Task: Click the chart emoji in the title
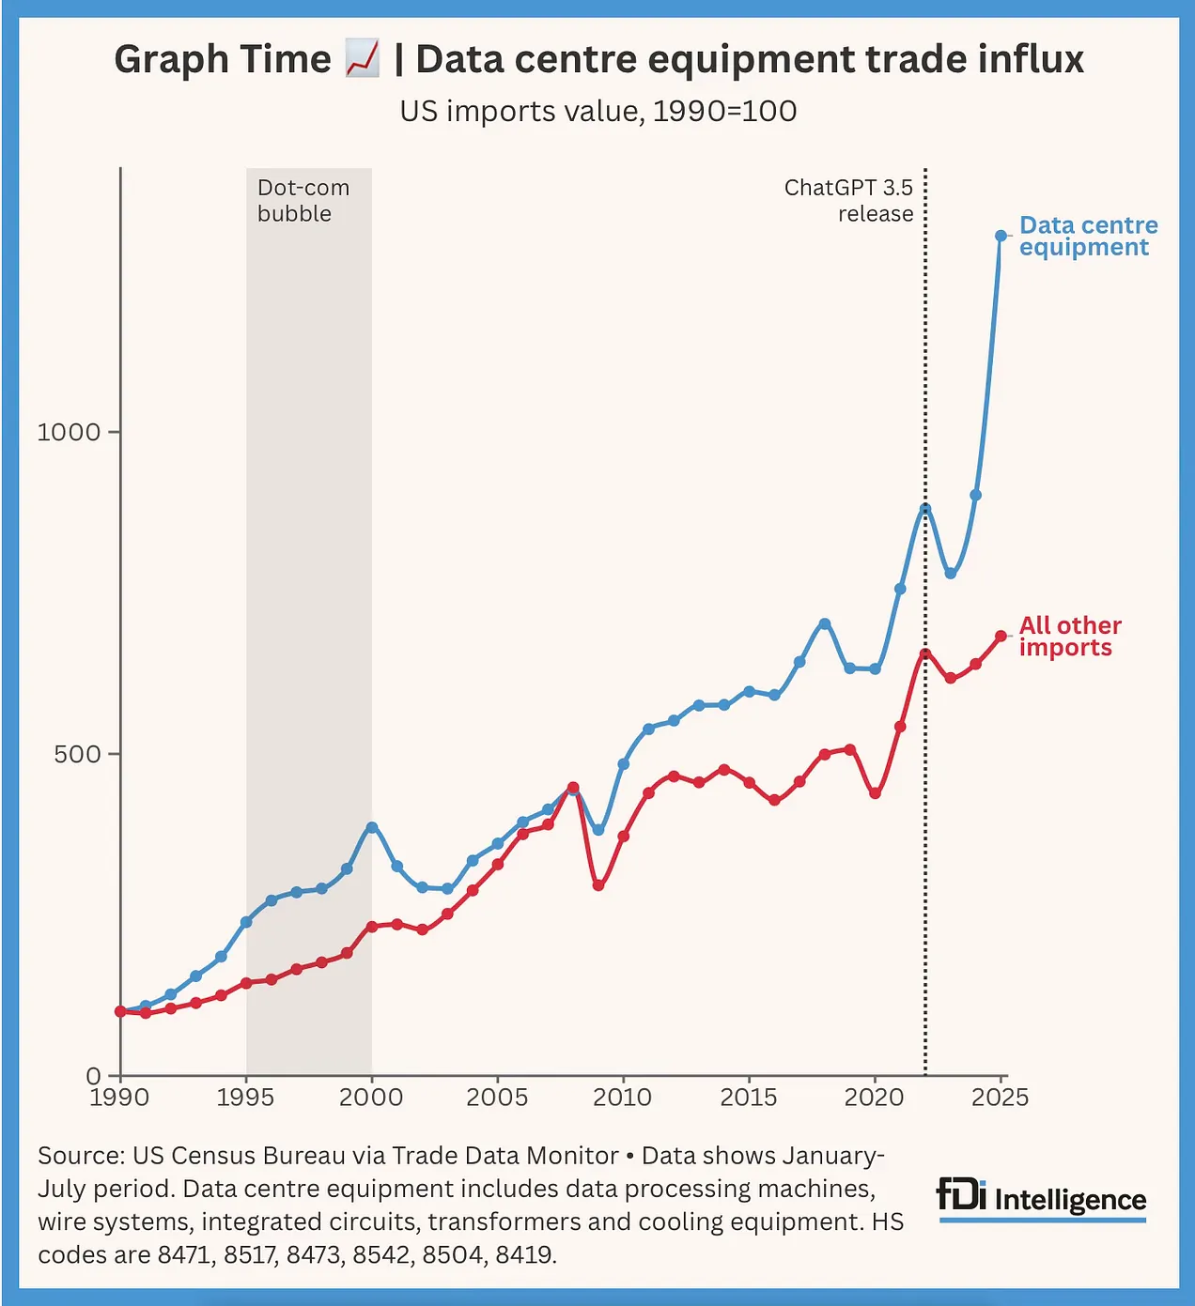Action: point(362,59)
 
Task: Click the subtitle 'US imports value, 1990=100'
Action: point(597,111)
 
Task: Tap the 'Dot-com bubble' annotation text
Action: point(303,201)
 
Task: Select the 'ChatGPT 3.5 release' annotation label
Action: point(848,201)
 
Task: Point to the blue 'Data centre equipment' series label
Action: point(1087,237)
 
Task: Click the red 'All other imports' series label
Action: point(1069,637)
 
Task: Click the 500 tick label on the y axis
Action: point(77,754)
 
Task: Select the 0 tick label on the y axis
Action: point(93,1076)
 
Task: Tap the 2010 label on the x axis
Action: point(622,1098)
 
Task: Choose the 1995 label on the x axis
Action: point(245,1098)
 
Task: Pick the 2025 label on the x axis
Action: point(1000,1098)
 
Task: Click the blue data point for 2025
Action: point(1001,236)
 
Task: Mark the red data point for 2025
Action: point(1001,637)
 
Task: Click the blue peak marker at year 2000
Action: point(372,827)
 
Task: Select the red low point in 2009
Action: point(598,884)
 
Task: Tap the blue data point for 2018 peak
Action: point(825,623)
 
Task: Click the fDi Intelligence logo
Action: point(1042,1199)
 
